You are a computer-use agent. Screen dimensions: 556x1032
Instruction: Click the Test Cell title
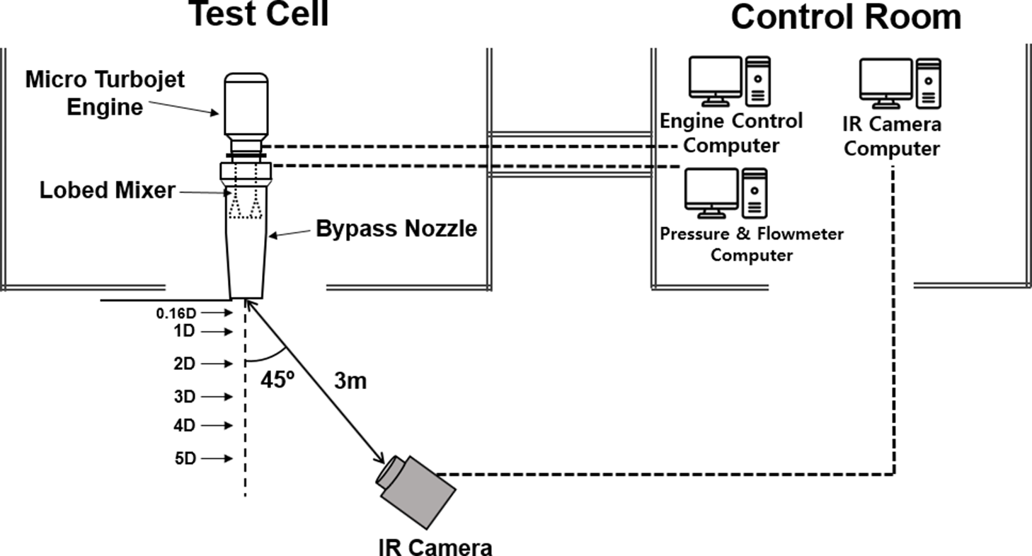coord(258,14)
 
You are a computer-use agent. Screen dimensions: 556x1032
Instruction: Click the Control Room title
coord(846,17)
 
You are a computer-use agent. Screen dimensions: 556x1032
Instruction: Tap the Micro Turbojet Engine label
coord(105,93)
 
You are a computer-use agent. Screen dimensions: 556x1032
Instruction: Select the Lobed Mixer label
coord(107,190)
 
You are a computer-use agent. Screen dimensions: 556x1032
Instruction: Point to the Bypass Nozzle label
coord(396,228)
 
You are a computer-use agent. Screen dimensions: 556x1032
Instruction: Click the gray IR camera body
coord(418,488)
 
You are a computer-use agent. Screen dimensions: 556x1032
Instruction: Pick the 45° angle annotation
coord(277,381)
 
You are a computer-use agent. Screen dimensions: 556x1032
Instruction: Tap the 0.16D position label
coord(176,313)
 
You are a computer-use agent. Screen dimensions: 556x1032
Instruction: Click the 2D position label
coord(183,364)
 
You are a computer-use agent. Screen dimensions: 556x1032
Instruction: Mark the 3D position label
coord(183,397)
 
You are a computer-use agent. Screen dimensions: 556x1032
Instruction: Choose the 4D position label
coord(183,426)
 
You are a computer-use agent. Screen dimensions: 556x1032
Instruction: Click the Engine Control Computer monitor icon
coord(714,79)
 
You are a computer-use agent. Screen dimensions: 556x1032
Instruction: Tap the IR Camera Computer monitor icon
coord(885,79)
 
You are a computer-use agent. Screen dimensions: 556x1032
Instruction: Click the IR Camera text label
coord(434,545)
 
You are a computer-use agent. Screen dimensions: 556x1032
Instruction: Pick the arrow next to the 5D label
coord(217,458)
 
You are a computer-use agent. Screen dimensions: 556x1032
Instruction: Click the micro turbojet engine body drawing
coord(246,106)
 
